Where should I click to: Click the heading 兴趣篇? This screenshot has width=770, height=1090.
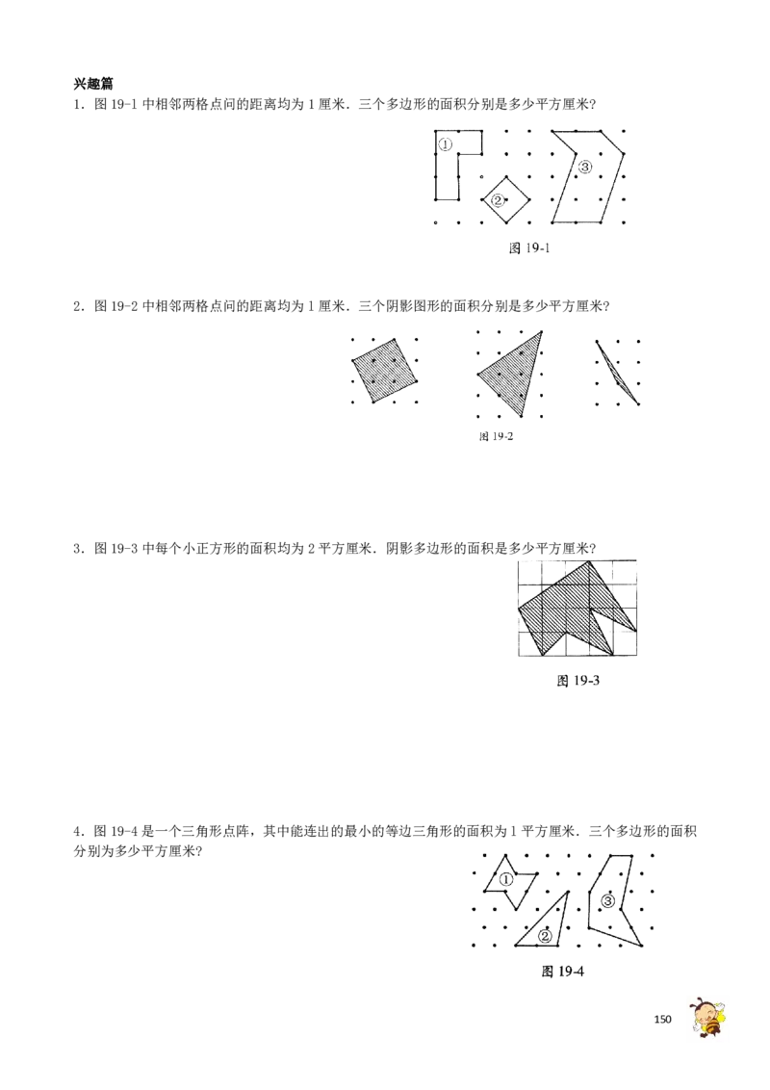coord(93,84)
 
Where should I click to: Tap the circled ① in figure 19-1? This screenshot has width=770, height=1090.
coord(446,144)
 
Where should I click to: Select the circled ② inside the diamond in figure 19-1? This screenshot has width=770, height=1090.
coord(498,200)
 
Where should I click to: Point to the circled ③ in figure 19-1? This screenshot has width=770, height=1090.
coord(584,167)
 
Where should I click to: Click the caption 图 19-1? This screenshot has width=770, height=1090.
coord(529,248)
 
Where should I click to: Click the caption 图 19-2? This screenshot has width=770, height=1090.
coord(497,436)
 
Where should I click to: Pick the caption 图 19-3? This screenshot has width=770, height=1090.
coord(577,681)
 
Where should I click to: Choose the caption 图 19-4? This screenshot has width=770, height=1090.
coord(562,972)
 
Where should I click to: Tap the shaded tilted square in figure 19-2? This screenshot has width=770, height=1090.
coord(385,371)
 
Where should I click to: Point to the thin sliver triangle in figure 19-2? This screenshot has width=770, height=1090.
coord(618,373)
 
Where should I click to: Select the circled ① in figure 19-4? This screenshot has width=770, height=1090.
coord(506,879)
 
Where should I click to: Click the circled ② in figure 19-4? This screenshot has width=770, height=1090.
coord(545,936)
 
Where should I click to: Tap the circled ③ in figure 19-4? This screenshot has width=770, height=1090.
coord(608,902)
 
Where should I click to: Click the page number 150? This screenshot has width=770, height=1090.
coord(663,1019)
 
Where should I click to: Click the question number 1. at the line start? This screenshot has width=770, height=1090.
coord(79,106)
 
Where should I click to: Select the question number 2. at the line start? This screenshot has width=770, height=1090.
coord(79,306)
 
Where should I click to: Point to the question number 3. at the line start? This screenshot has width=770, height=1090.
coord(79,549)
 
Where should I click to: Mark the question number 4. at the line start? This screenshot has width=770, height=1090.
coord(79,832)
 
